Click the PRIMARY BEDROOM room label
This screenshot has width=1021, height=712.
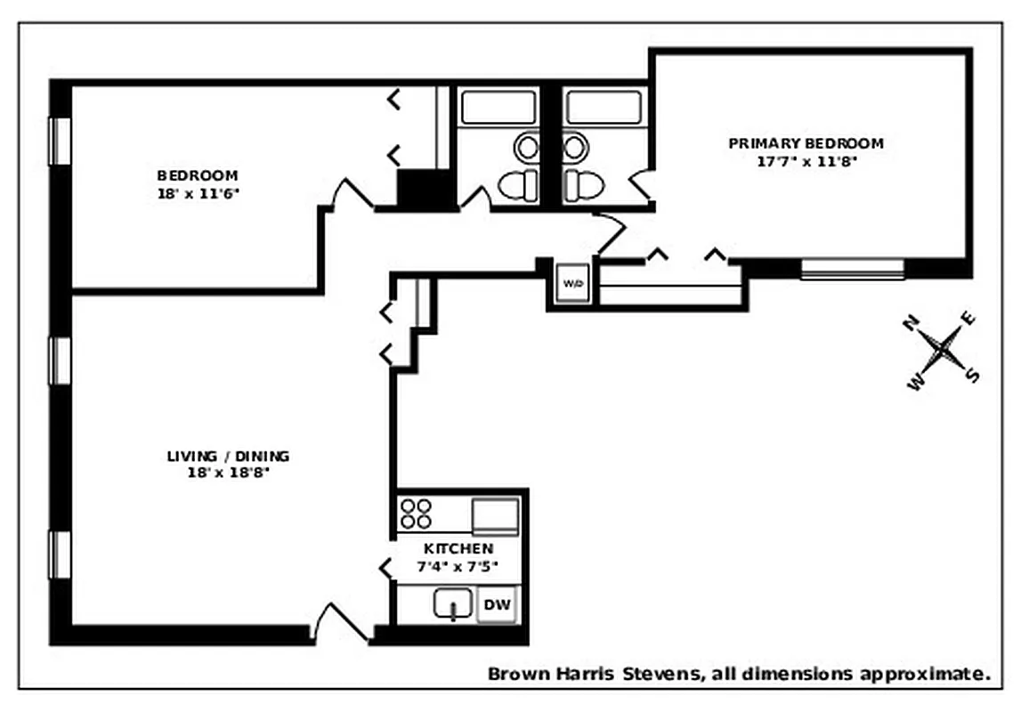806,143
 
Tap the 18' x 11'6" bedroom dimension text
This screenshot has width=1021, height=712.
198,192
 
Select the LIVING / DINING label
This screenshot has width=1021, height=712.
228,457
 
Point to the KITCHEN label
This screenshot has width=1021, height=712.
458,549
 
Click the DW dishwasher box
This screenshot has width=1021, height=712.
497,605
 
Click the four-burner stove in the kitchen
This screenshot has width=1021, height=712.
416,514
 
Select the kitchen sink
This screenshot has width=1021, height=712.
454,605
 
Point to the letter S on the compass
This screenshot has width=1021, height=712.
973,376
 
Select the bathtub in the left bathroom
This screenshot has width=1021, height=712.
498,108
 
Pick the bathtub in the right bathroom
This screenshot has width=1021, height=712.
604,108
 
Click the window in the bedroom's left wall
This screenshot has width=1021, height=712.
60,141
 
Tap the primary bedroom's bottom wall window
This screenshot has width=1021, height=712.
852,269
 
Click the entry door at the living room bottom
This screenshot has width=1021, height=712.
342,623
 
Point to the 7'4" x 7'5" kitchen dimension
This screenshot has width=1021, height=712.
458,565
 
